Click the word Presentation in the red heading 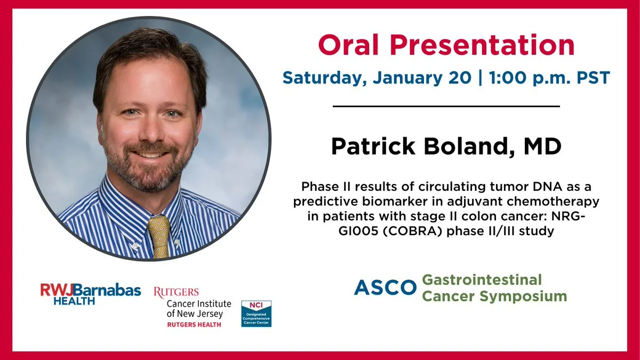(482, 46)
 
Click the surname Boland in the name (469, 147)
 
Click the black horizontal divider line (446, 106)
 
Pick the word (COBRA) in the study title (410, 231)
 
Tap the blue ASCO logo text (385, 287)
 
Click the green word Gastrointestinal (482, 279)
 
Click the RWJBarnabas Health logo (91, 294)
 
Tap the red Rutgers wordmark (176, 292)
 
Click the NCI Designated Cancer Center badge (257, 314)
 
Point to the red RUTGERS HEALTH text (194, 325)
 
